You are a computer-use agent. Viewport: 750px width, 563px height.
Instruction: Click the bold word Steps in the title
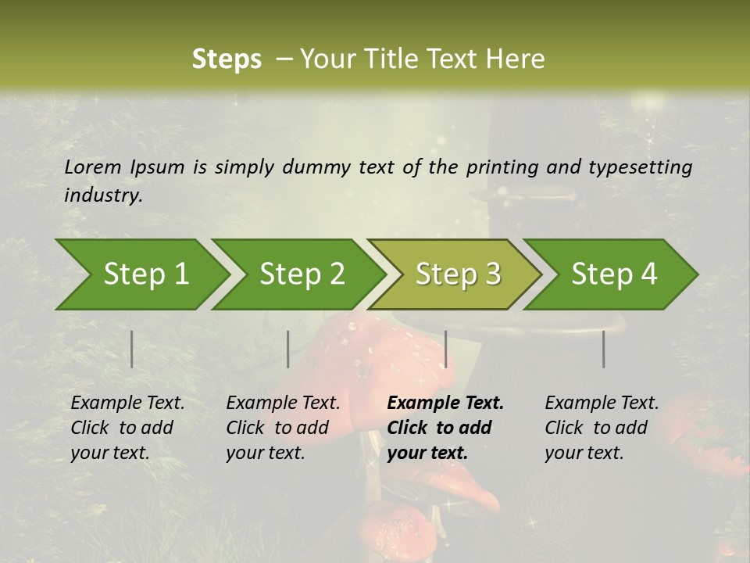point(227,59)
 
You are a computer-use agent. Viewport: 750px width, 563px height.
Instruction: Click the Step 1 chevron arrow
point(141,274)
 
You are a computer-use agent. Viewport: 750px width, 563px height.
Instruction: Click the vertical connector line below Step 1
point(132,349)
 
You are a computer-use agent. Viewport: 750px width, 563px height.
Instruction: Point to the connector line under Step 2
point(288,349)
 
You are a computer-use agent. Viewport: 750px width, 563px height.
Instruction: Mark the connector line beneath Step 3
point(445,349)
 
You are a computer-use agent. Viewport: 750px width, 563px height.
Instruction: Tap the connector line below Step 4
point(604,349)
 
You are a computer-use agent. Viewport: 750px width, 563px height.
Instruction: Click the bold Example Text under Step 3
point(445,428)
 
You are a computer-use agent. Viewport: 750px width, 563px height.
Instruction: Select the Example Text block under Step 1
point(127,428)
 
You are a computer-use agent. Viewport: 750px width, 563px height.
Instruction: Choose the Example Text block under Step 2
point(283,428)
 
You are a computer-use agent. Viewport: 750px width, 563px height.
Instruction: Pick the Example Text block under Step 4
point(601,428)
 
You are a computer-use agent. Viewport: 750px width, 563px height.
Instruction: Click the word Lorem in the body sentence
point(93,167)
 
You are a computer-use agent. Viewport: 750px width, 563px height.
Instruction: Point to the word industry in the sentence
point(103,195)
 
